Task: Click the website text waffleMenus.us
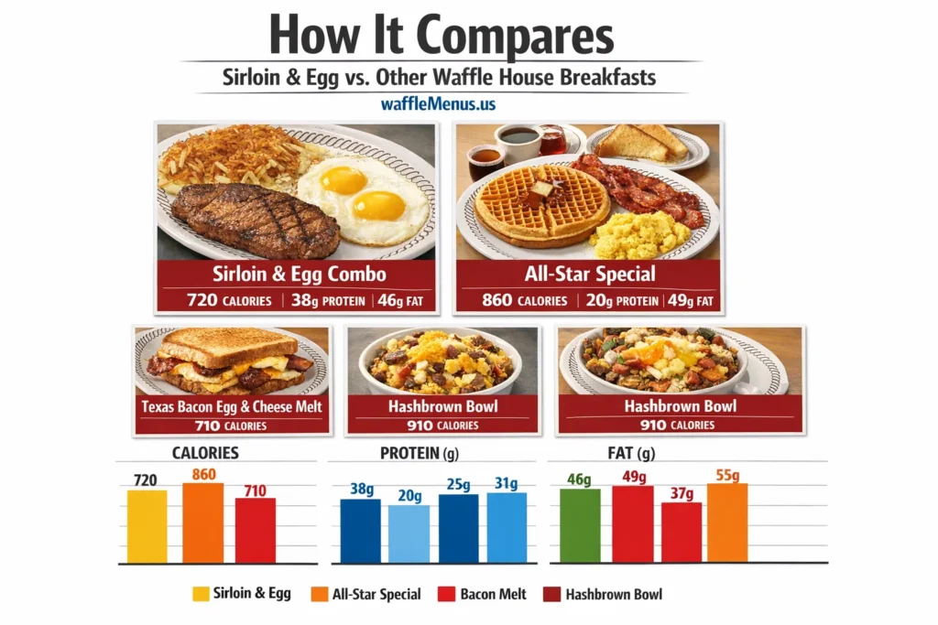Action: tap(437, 103)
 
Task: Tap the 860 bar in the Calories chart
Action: tap(202, 523)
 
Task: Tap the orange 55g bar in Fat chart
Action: tap(727, 523)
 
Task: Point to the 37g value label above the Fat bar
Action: tap(681, 494)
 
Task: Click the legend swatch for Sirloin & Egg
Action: tap(200, 594)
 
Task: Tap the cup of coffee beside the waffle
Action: tap(518, 139)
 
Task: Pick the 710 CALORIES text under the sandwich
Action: tap(232, 426)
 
